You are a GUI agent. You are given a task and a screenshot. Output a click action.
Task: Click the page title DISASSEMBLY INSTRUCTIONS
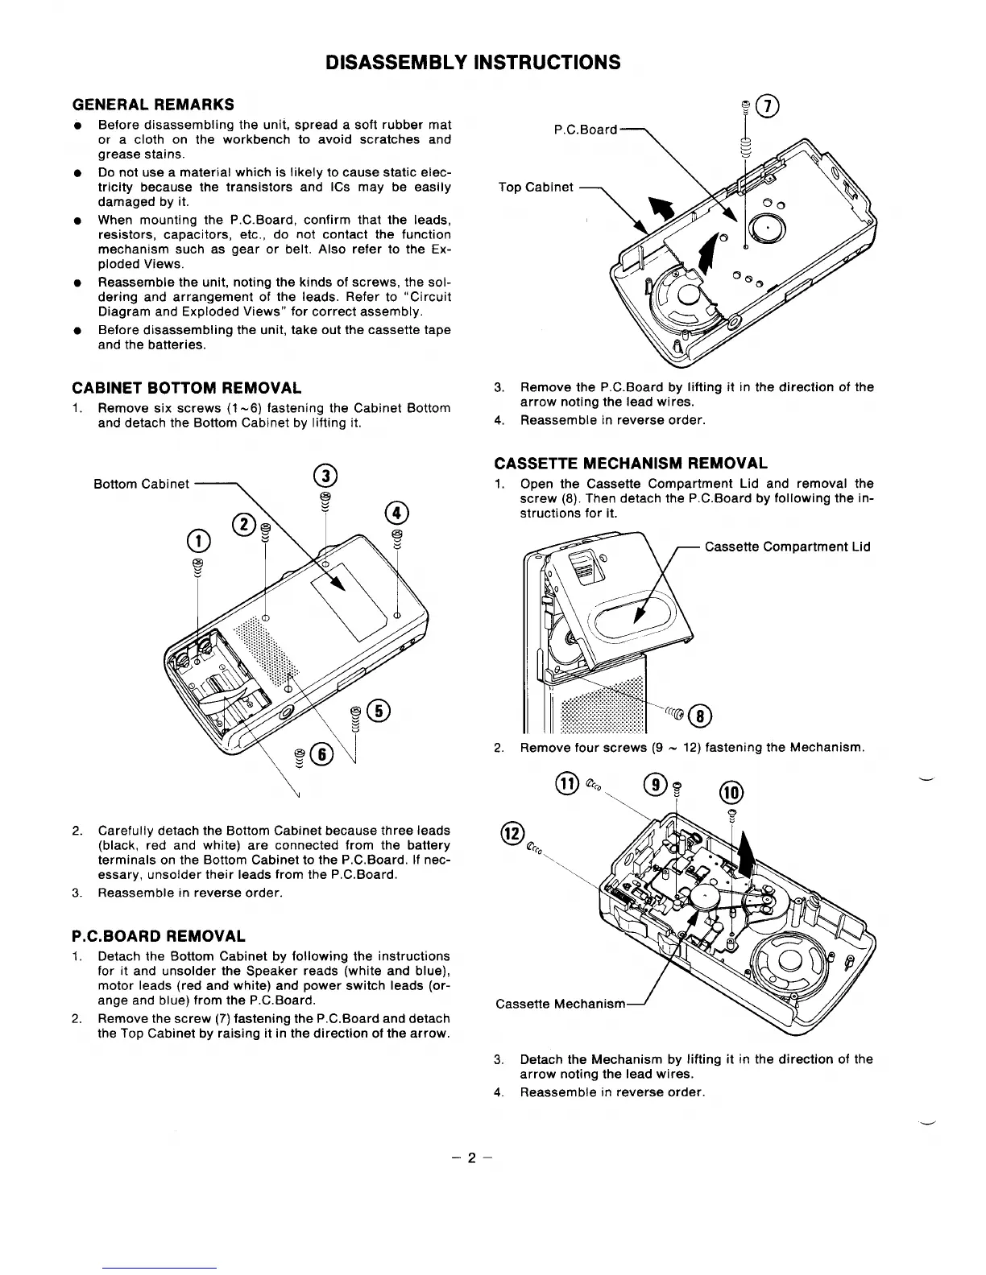click(473, 62)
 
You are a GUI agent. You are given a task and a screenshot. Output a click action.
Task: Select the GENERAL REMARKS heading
click(153, 105)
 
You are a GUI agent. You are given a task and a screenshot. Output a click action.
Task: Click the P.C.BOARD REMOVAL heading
click(159, 936)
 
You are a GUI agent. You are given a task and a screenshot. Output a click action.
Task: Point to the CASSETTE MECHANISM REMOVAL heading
click(630, 463)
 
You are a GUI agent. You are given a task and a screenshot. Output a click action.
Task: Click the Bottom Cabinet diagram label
click(142, 484)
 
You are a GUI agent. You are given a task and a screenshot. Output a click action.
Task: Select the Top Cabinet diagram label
click(536, 188)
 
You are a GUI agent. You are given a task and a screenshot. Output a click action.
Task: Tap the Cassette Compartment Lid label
click(787, 547)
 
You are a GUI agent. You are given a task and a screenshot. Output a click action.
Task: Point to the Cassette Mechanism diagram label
click(561, 1004)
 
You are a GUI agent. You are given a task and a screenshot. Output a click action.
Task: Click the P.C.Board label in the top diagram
click(586, 130)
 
